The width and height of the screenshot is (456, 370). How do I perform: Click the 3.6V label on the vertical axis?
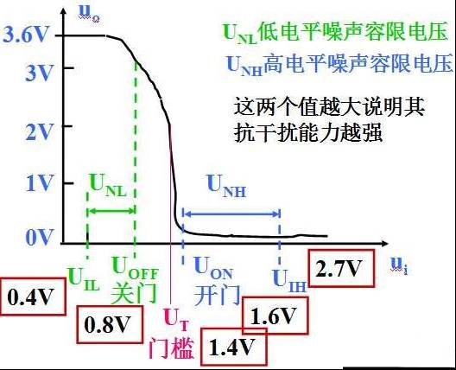pos(25,35)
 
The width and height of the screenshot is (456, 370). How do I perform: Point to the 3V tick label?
pos(39,73)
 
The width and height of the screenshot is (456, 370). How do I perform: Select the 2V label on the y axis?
pos(39,132)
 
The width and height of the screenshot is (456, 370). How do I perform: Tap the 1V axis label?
pos(40,183)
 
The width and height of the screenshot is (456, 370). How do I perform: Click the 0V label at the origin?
pos(40,237)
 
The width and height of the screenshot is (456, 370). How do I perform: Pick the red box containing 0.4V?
pos(33,297)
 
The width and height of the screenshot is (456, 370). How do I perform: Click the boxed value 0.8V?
pos(110,324)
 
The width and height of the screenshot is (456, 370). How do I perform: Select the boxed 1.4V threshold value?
pos(233,347)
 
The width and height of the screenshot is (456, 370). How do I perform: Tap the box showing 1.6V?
pos(275,316)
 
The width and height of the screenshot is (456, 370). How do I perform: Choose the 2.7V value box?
pos(341,268)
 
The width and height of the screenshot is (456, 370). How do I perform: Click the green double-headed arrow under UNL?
pos(111,211)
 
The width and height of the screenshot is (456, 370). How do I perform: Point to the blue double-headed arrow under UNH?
pos(231,214)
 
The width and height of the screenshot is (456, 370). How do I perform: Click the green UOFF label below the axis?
pos(135,269)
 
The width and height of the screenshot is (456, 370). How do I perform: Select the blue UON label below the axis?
pos(213,269)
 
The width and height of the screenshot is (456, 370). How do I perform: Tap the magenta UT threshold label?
pos(176,319)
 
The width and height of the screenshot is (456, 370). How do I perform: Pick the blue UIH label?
pos(289,281)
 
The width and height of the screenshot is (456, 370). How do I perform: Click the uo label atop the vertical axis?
pos(89,14)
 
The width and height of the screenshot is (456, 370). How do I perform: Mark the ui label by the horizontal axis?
pos(399,266)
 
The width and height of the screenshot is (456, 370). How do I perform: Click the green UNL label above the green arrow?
pos(108,186)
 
